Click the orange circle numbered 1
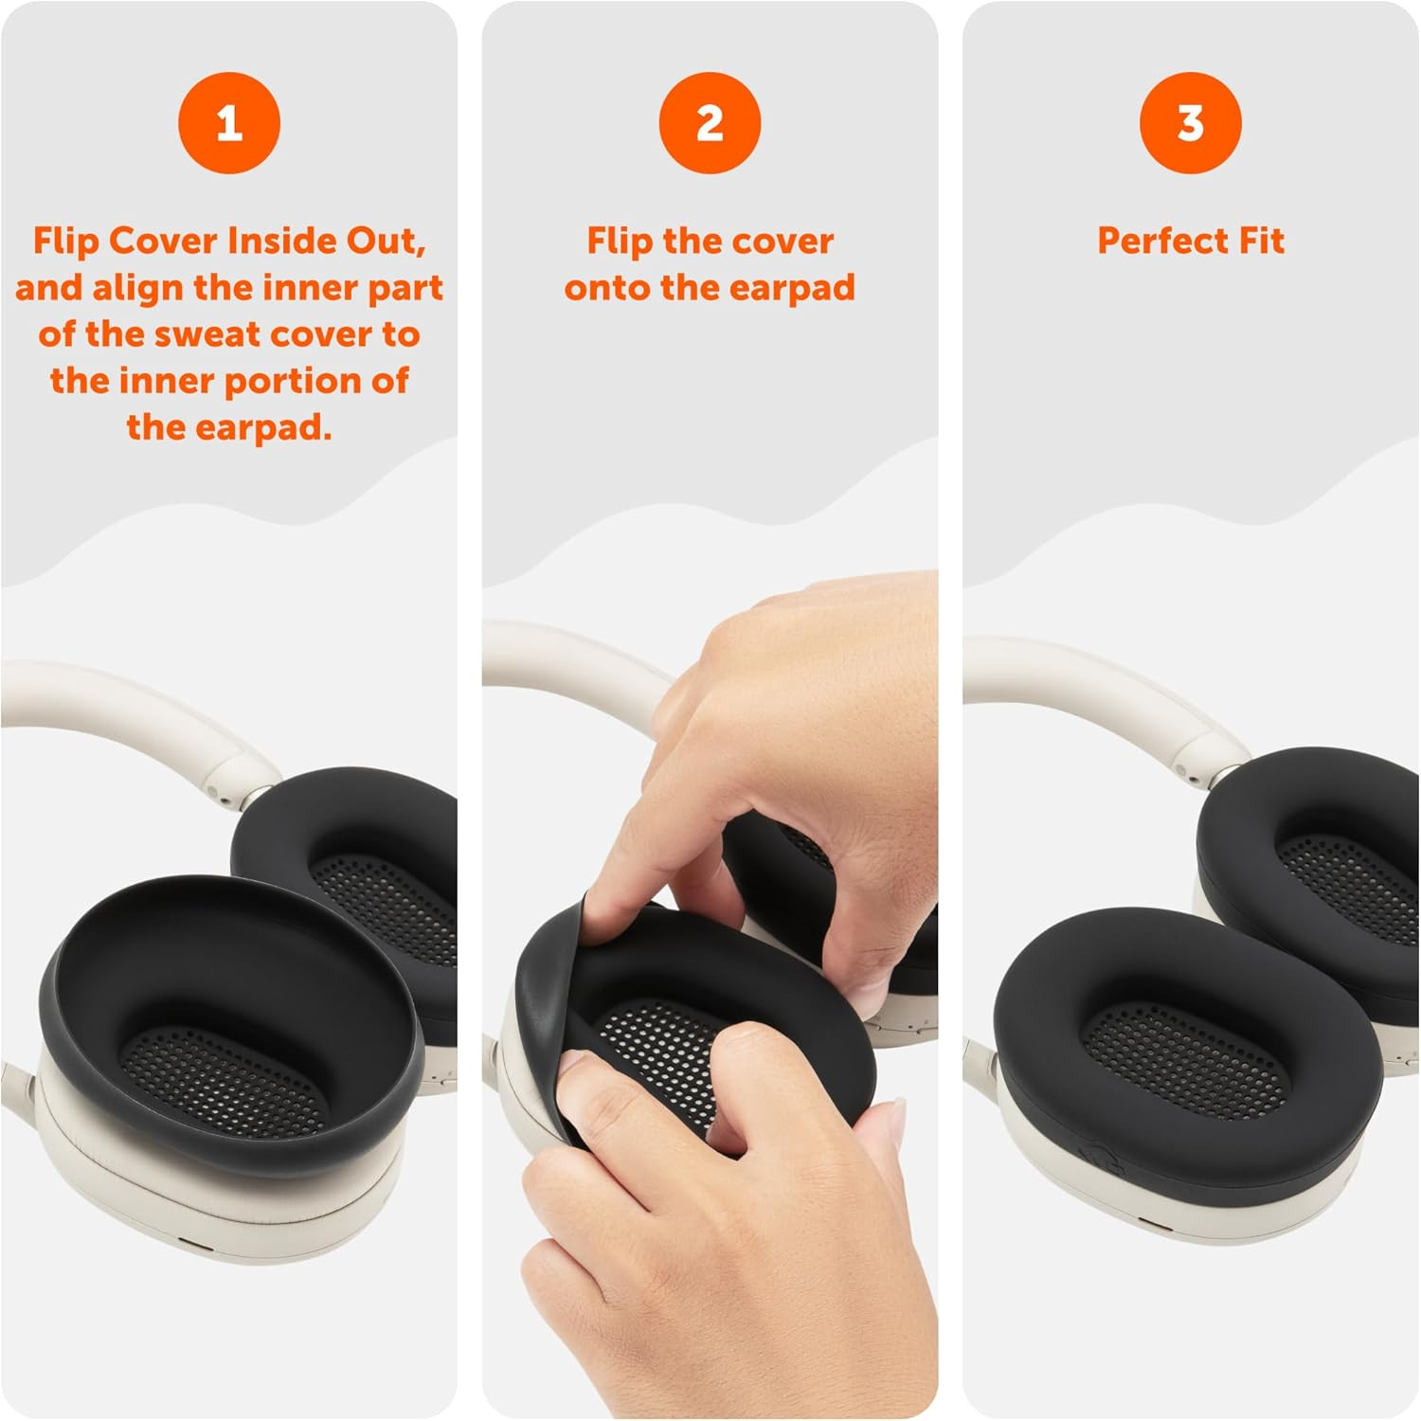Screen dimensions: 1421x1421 click(x=229, y=123)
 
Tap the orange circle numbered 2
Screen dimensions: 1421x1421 click(x=710, y=123)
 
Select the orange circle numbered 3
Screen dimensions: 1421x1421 click(x=1190, y=123)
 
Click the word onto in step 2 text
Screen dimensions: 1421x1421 click(x=607, y=287)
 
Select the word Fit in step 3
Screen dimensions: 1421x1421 click(x=1261, y=241)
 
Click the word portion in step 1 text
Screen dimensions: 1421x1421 click(x=343, y=381)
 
